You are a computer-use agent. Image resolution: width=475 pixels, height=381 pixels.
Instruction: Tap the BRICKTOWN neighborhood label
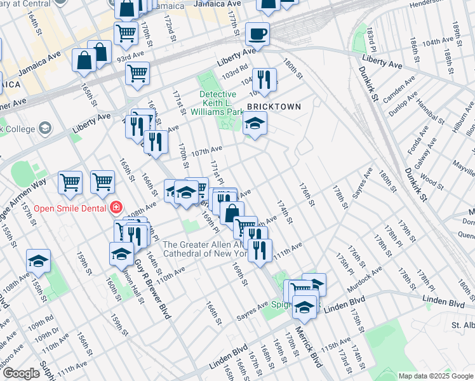(273, 107)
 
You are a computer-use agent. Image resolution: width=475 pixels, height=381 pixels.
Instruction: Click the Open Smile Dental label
(70, 207)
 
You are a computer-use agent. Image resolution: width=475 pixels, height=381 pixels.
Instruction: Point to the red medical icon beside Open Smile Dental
(116, 207)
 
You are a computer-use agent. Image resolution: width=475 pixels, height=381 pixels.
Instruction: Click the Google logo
(21, 373)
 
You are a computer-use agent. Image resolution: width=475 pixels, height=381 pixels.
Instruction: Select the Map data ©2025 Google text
(436, 376)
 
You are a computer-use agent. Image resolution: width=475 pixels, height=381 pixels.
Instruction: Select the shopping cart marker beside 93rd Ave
(137, 73)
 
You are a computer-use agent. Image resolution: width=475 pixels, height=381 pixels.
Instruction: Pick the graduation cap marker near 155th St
(38, 261)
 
